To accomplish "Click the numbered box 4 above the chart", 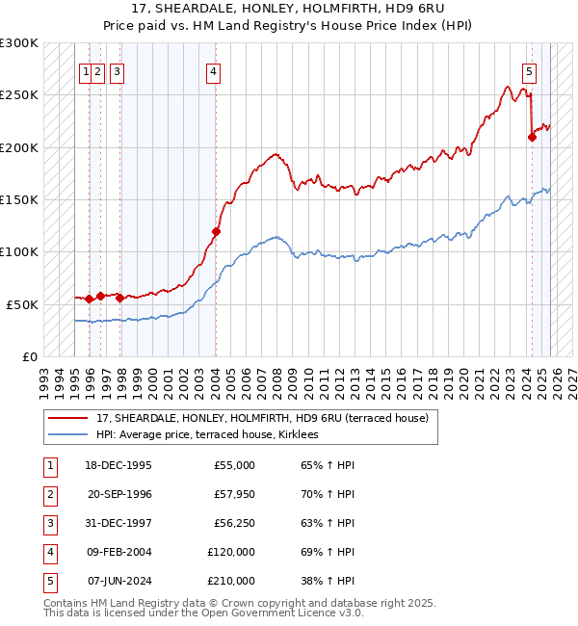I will coord(213,70).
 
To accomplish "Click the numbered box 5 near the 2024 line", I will coord(530,70).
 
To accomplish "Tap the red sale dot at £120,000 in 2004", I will coord(216,231).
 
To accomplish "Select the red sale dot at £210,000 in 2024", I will coord(532,137).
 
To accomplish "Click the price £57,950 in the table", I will coord(234,494).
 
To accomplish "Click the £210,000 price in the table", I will coord(231,581).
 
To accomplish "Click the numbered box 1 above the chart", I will coord(87,70).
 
